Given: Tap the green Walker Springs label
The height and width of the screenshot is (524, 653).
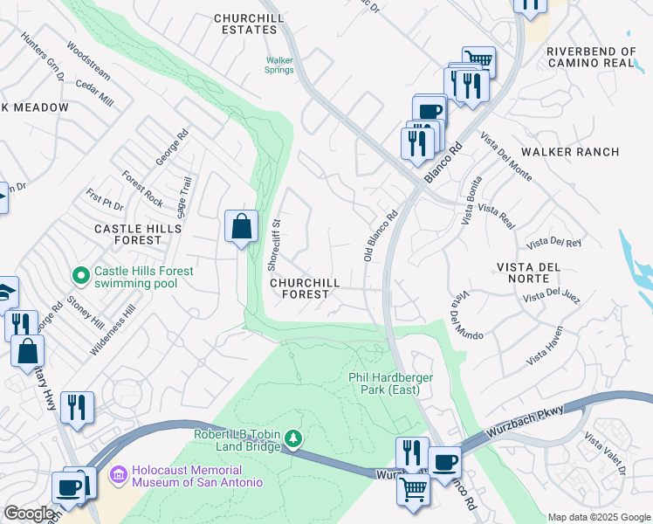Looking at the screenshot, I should pos(279,65).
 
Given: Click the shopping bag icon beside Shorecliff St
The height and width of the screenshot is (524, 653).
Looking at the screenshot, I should pos(241,227).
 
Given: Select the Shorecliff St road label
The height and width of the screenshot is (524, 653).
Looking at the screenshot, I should pos(274,245).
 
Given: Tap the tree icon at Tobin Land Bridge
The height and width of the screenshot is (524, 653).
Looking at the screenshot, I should pos(294,438).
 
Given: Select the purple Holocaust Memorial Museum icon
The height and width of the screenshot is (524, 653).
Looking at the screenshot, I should pos(117,476).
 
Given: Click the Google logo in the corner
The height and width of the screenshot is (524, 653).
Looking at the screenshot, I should pos(29,514).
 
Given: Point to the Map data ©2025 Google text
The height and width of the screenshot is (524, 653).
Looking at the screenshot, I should pos(598,516).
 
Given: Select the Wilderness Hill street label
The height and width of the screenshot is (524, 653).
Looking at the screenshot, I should pos(113,329).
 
